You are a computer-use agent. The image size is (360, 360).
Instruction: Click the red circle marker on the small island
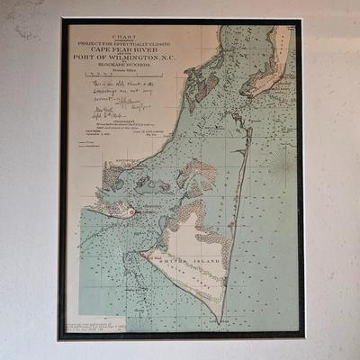click(x=132, y=211)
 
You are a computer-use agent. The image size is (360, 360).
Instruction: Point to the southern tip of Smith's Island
click(x=220, y=319)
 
